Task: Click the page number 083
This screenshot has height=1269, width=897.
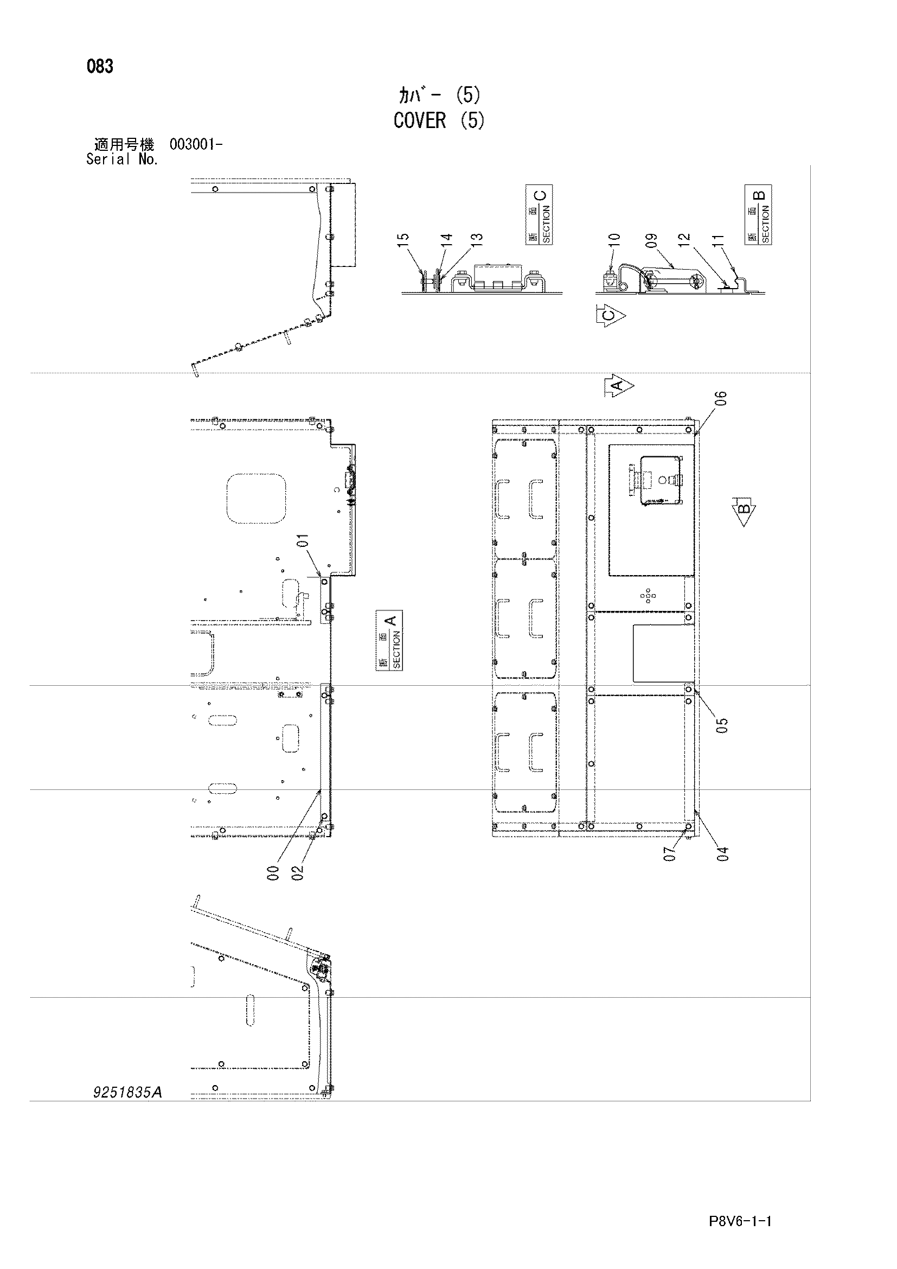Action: [x=100, y=67]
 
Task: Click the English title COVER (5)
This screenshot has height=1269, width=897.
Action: [x=440, y=120]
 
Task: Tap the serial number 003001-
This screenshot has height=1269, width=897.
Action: [x=196, y=145]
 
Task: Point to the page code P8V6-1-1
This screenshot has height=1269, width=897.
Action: [x=740, y=1206]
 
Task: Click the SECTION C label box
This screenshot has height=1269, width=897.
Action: [x=539, y=215]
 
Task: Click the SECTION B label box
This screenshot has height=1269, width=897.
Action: [x=758, y=215]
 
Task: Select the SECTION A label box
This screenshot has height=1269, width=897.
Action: [x=389, y=640]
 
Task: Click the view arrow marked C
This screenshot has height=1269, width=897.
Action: [x=610, y=316]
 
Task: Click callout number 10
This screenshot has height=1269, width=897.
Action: [x=614, y=239]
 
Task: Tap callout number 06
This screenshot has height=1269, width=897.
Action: [x=721, y=398]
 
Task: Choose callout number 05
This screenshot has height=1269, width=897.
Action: [x=722, y=725]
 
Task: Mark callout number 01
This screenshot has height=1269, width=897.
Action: [x=303, y=540]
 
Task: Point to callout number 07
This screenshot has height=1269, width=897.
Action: [x=669, y=854]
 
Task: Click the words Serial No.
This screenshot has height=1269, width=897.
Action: [x=123, y=159]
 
